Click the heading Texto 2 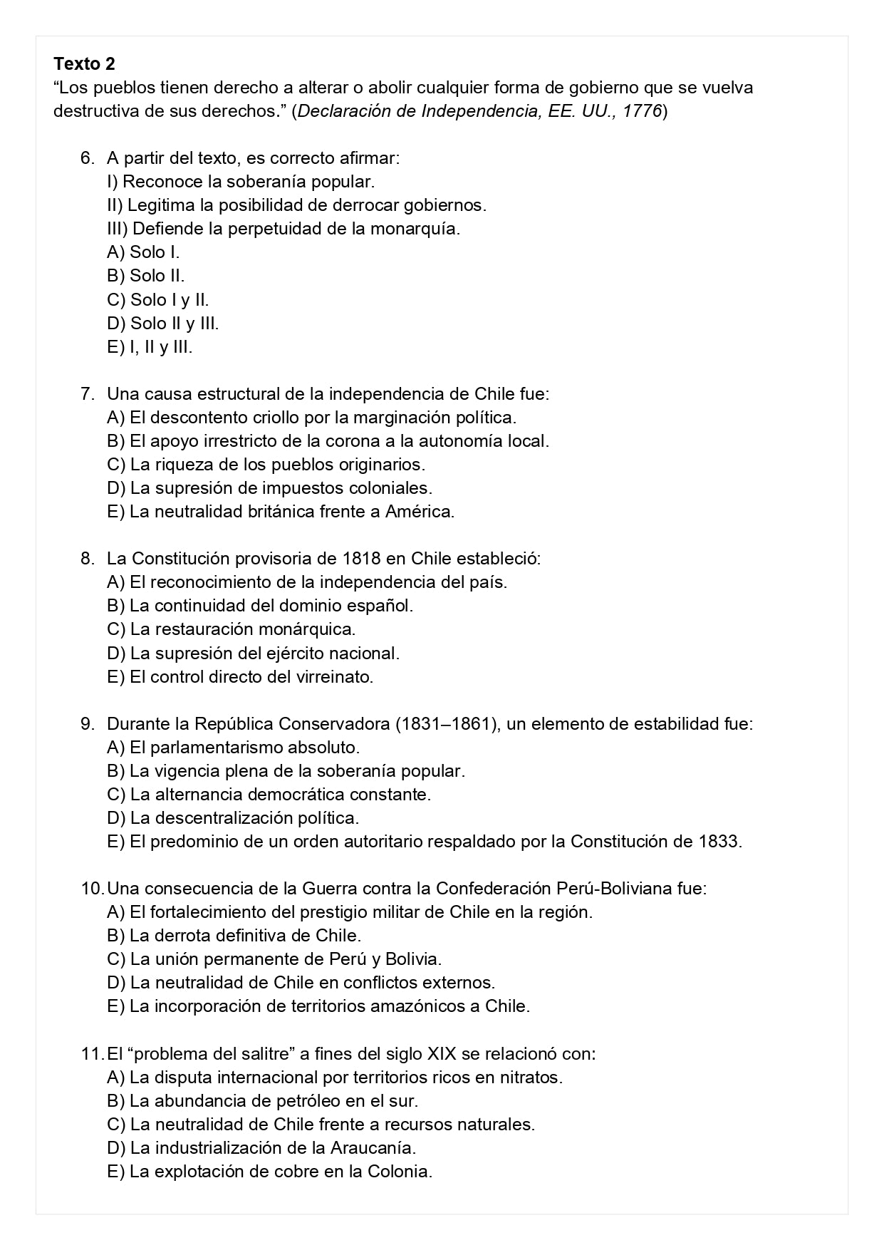pos(84,64)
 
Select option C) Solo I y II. pos(157,299)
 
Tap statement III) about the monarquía pos(284,229)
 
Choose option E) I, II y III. pos(150,347)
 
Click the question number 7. pos(87,393)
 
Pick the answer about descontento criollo pos(311,417)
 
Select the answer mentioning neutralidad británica pos(281,512)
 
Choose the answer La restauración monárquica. pos(231,629)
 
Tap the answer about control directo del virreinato pos(240,676)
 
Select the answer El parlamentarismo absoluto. pos(233,748)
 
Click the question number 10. pos(92,889)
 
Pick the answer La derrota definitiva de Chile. pos(234,936)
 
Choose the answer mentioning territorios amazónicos pos(318,1006)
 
